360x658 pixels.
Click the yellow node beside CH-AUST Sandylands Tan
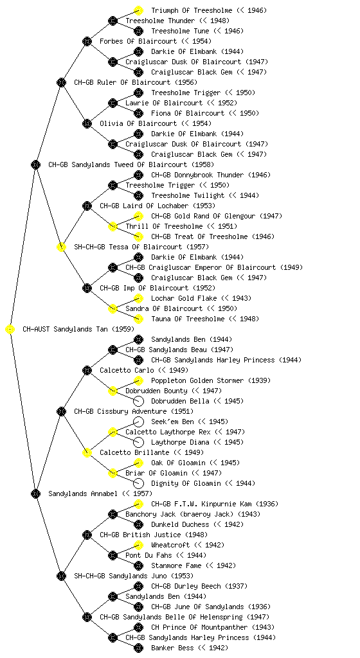10,330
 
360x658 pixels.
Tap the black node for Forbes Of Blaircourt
87,41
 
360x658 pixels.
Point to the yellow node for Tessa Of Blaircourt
61,247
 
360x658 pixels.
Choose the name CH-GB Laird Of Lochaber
145,206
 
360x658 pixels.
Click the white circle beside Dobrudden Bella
138,401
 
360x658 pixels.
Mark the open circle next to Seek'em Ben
138,422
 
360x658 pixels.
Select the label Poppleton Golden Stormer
197,380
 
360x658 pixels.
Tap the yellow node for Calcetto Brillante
87,453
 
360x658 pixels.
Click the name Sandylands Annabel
83,494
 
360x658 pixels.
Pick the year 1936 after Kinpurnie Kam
266,504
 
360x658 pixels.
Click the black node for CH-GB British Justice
87,535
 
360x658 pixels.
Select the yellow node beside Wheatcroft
138,545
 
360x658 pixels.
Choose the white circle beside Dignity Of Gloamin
138,483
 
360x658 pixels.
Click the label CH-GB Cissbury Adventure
120,412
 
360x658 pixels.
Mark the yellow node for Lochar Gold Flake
138,298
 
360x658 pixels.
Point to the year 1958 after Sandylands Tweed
203,165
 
